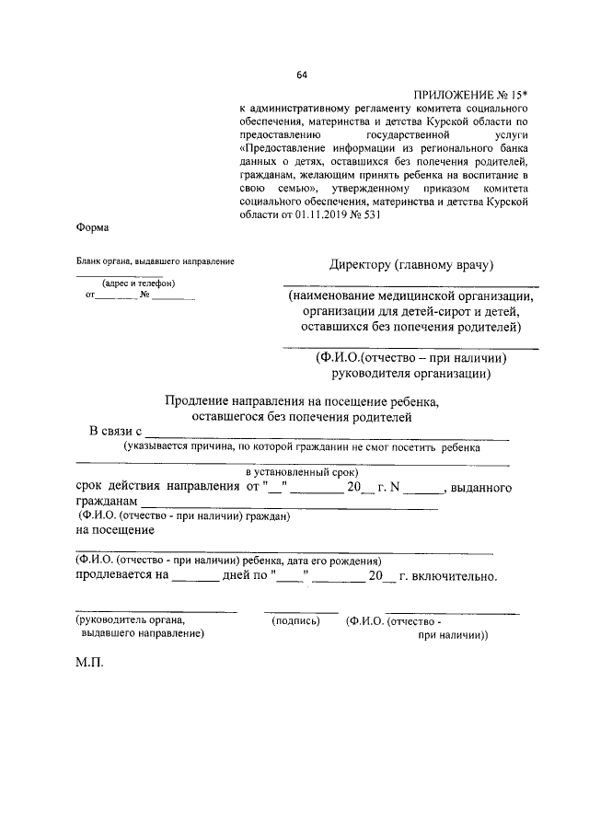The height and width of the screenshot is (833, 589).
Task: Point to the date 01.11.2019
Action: point(318,215)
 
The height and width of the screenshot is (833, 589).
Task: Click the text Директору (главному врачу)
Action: point(412,265)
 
